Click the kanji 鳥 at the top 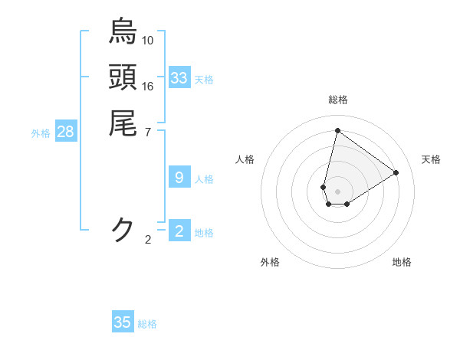(x=123, y=31)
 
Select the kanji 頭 (x=123, y=77)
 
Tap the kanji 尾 (x=123, y=123)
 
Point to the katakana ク (x=123, y=229)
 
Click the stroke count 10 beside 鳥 (x=148, y=40)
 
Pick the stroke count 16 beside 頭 (x=148, y=86)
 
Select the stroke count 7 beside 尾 (x=148, y=132)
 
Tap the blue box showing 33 (x=179, y=78)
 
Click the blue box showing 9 (x=179, y=178)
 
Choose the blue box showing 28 (x=66, y=132)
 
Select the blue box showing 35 (x=123, y=322)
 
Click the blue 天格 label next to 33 (x=204, y=79)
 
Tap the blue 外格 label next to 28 (x=41, y=133)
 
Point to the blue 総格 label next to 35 (x=147, y=323)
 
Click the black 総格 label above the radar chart (x=337, y=100)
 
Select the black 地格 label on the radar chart (x=402, y=262)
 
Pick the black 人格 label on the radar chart (x=245, y=159)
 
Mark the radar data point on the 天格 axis (x=396, y=172)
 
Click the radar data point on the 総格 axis (x=337, y=131)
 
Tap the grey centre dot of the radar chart (x=337, y=191)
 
